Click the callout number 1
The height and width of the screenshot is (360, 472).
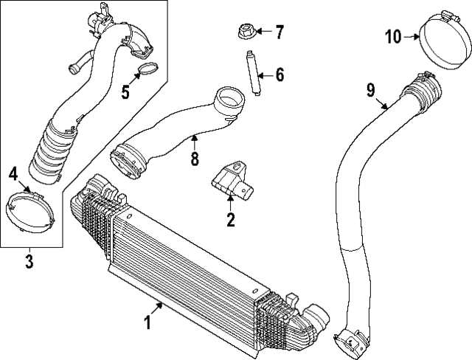coord(147,322)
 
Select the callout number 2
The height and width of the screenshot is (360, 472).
coord(231,219)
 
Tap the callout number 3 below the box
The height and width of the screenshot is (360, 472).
coord(29,260)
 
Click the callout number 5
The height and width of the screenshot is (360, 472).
coord(125,92)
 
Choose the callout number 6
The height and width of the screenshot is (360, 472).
coord(280,74)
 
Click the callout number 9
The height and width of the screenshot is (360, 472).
coord(371,91)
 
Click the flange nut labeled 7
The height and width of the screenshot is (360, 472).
coord(246,32)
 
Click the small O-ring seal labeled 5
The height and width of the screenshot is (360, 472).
coord(148,72)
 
